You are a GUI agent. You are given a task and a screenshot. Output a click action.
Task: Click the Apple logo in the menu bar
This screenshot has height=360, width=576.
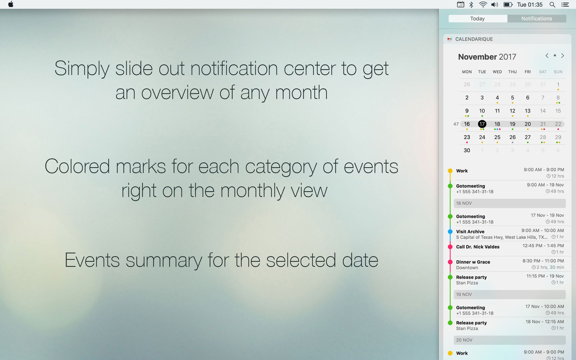10,4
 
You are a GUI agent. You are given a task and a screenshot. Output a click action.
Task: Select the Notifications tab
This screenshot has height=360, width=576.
537,18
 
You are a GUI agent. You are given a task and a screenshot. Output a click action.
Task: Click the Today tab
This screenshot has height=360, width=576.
477,18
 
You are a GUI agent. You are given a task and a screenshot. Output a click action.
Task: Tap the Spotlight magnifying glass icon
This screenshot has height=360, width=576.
552,5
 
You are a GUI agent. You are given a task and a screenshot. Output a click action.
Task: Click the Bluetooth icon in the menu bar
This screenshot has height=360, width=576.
471,5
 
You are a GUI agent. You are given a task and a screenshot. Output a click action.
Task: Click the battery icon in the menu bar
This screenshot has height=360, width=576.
508,5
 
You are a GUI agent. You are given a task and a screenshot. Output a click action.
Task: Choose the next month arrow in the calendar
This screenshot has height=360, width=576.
563,55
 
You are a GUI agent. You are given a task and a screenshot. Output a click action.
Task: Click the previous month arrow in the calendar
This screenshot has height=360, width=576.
547,55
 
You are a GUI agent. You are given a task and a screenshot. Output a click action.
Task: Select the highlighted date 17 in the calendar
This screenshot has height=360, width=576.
482,124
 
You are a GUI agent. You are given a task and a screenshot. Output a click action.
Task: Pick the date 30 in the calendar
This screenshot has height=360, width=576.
467,150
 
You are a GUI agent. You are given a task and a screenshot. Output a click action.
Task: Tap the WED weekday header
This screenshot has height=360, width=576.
497,72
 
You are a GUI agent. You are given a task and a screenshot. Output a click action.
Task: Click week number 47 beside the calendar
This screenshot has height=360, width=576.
456,124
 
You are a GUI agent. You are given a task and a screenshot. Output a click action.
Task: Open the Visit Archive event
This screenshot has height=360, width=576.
470,231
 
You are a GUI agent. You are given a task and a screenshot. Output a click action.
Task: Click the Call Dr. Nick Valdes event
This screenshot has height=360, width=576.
478,247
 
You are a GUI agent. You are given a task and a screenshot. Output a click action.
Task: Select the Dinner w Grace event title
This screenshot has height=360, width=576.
473,262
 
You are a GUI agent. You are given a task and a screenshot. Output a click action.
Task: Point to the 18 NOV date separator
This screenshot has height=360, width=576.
510,203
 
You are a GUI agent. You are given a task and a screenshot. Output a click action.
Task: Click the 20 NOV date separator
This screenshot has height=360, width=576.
510,340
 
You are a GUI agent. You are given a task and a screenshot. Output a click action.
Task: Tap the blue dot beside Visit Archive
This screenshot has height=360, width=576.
450,232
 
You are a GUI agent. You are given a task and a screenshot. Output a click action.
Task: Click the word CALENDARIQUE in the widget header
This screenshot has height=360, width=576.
474,39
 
